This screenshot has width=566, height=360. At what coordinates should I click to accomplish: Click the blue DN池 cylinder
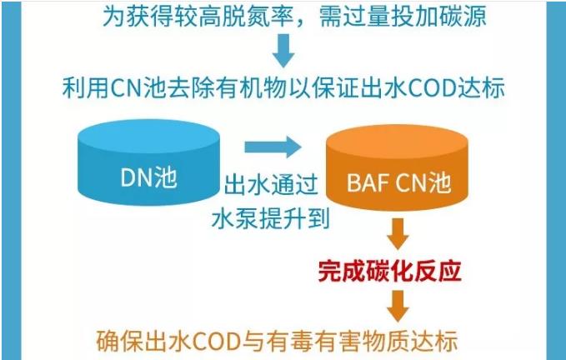[148, 162]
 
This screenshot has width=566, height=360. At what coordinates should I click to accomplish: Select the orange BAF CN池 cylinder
[397, 167]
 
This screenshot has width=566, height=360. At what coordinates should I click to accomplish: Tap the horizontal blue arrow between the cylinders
[273, 147]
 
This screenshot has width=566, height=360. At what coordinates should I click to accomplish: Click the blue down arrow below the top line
[283, 51]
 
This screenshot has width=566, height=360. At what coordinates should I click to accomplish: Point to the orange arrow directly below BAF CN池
[398, 233]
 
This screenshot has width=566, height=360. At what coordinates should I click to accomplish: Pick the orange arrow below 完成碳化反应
[398, 306]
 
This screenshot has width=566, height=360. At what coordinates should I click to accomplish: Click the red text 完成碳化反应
[390, 271]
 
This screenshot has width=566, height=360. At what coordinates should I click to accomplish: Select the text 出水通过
[271, 184]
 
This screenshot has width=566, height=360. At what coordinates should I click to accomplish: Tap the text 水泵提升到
[271, 218]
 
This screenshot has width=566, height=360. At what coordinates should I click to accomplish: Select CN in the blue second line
[127, 88]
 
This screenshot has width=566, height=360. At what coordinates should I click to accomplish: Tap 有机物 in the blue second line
[251, 88]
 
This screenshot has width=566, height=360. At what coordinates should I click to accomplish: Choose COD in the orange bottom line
[216, 341]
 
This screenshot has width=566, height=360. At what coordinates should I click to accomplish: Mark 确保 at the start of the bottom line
[120, 341]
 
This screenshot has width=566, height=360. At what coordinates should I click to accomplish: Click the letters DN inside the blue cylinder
[133, 177]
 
